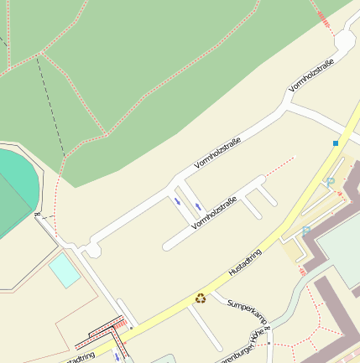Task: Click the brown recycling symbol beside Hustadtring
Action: [201, 298]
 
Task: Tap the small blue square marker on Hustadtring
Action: [336, 143]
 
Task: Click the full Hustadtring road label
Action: [245, 262]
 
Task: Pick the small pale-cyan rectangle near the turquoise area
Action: [64, 271]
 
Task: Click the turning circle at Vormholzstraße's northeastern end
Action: [345, 41]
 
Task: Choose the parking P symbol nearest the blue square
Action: [330, 182]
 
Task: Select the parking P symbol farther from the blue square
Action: [306, 230]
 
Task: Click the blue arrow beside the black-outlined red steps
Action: [116, 356]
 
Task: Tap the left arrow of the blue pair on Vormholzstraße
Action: [177, 201]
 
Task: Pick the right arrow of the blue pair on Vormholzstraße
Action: [199, 206]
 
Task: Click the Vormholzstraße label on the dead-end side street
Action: [214, 213]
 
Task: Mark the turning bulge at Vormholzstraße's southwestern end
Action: [91, 249]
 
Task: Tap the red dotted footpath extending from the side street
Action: [281, 166]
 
